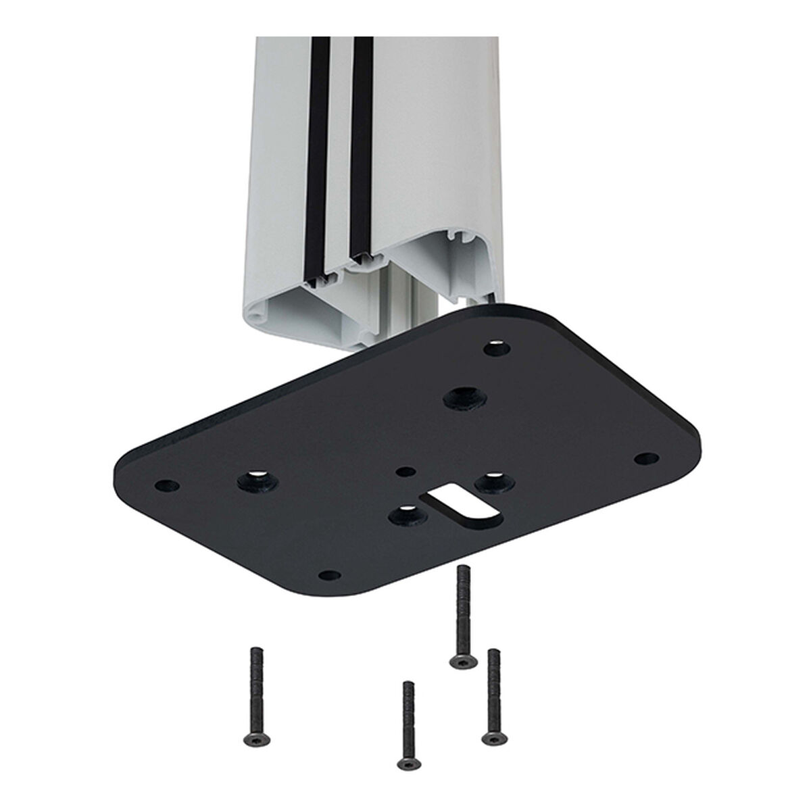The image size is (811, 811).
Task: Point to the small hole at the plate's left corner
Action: click(164, 485)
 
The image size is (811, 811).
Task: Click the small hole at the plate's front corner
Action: click(328, 575)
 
